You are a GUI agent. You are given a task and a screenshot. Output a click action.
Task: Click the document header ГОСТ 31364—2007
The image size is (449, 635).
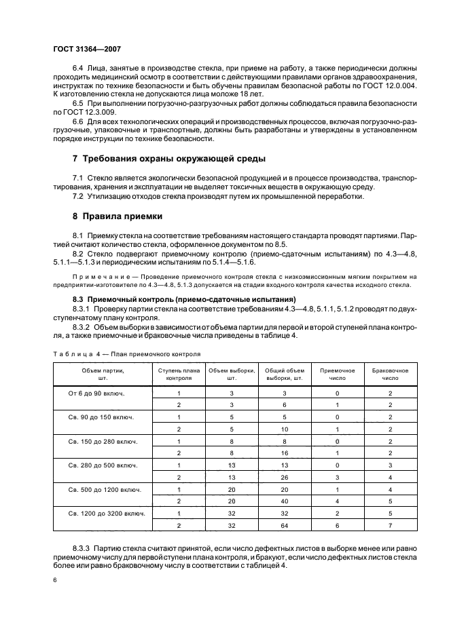(x=83, y=50)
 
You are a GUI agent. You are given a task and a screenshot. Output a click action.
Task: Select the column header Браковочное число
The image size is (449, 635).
(x=391, y=374)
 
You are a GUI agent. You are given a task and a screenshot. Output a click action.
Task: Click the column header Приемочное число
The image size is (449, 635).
(x=338, y=374)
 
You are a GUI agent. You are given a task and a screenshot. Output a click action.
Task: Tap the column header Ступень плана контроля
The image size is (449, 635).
(x=179, y=374)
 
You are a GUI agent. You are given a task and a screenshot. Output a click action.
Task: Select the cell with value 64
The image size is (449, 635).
(x=285, y=525)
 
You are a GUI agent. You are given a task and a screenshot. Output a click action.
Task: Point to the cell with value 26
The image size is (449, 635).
(x=285, y=477)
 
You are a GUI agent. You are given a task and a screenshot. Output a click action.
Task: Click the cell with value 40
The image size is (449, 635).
(x=285, y=501)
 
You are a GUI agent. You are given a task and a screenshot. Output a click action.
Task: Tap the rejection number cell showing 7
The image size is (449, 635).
(x=391, y=525)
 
